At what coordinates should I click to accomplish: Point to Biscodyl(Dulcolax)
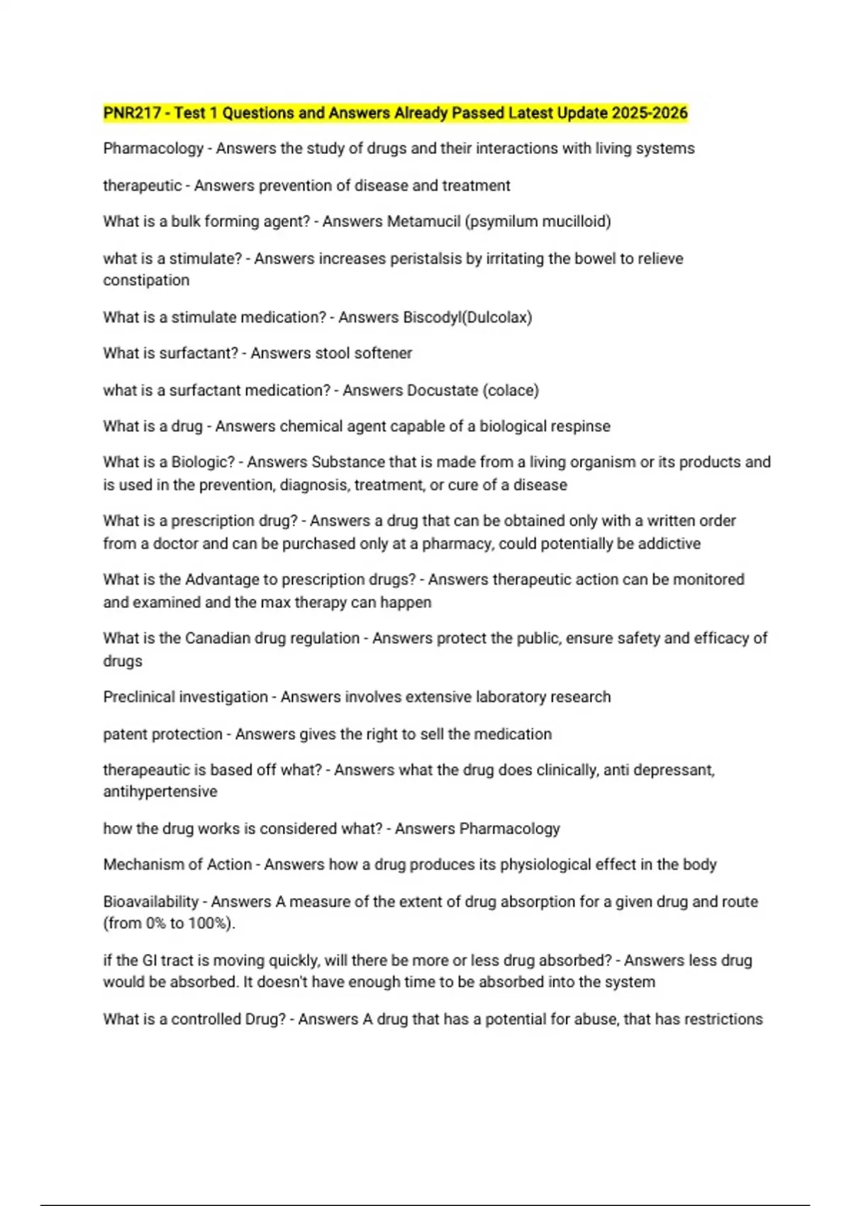[467, 317]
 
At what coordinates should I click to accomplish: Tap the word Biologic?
[203, 462]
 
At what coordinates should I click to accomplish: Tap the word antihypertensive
[160, 791]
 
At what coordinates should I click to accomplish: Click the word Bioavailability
[150, 902]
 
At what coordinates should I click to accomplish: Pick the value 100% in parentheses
[208, 923]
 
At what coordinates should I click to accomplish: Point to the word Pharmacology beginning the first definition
[153, 148]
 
